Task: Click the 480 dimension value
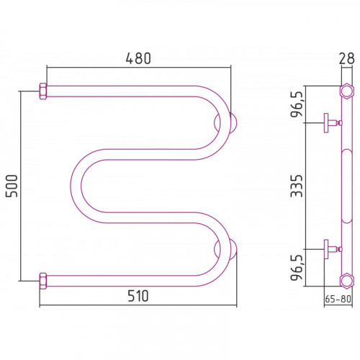(x=138, y=58)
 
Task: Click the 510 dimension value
(x=138, y=296)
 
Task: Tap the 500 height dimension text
(x=12, y=186)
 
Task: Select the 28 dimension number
(x=346, y=58)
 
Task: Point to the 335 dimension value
(x=297, y=186)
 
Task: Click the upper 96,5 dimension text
(x=297, y=104)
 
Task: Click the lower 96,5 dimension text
(x=297, y=268)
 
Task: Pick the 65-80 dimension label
(x=338, y=299)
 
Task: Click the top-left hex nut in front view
(x=43, y=91)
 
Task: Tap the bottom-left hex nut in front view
(x=43, y=281)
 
